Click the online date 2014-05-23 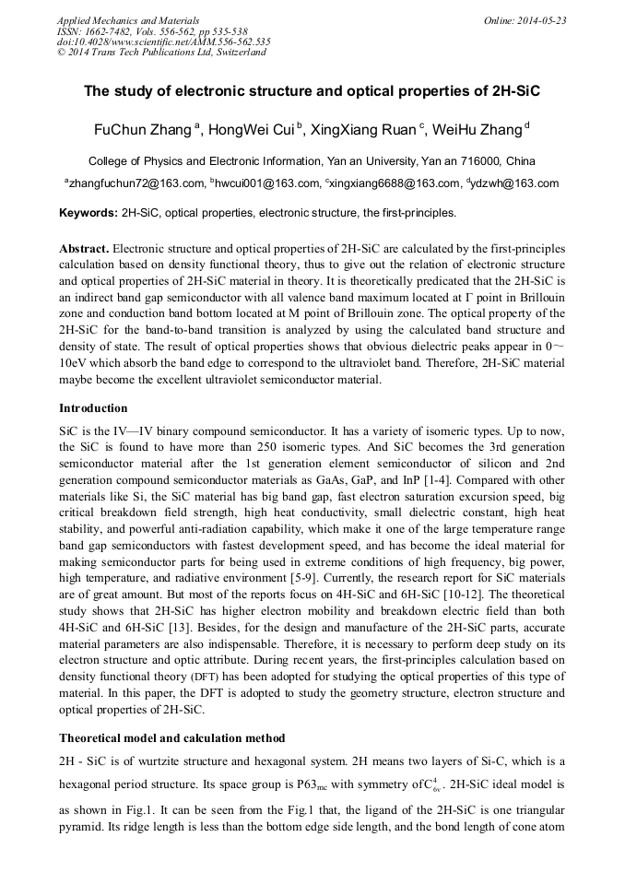[542, 20]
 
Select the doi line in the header [163, 41]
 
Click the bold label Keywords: [88, 213]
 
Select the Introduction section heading [93, 407]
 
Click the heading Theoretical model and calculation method [172, 738]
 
